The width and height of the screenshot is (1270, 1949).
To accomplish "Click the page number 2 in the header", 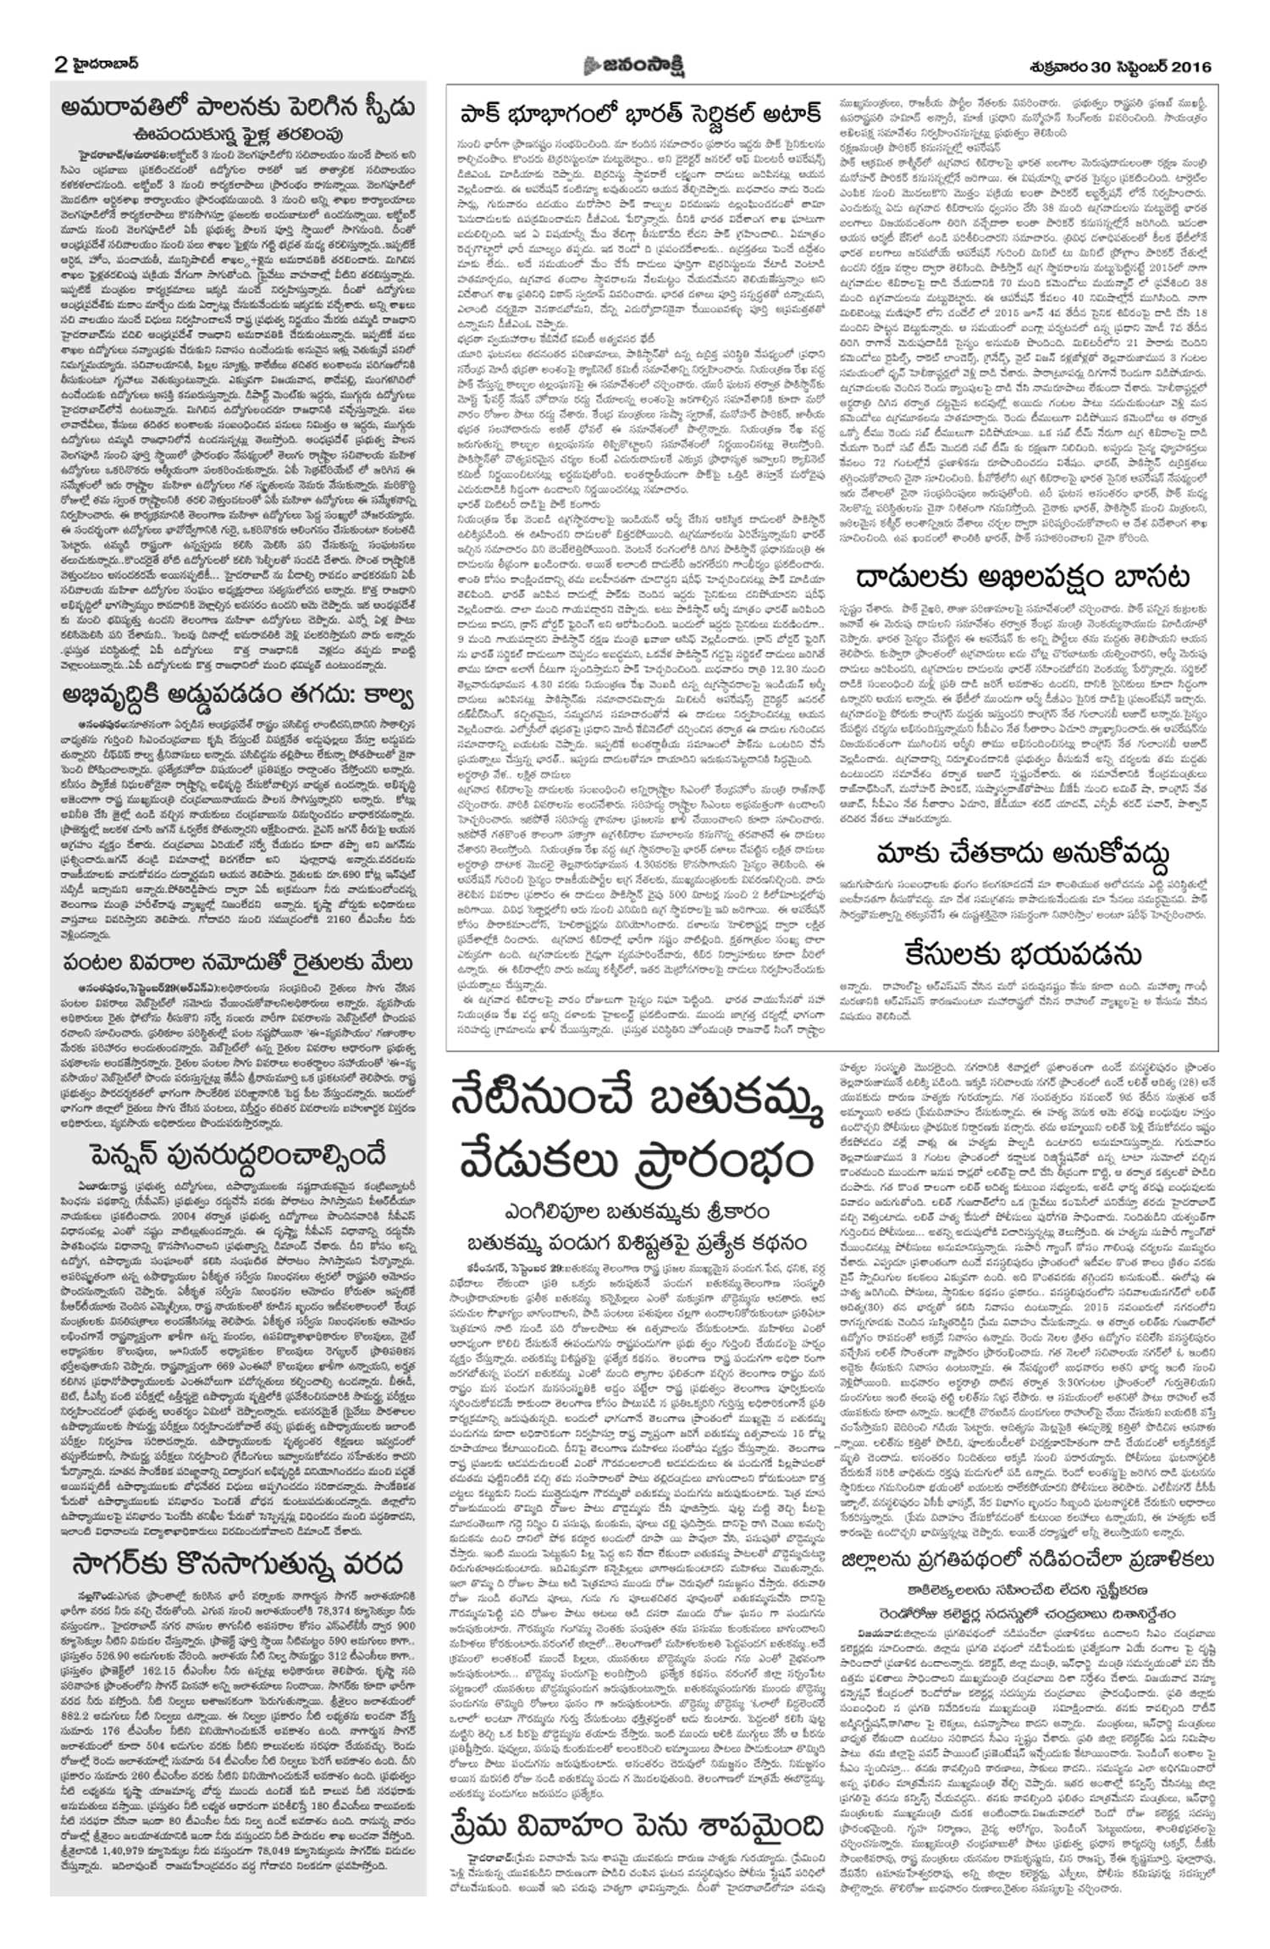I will [59, 64].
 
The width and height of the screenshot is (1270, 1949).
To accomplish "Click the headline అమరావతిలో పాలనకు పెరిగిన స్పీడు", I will [238, 110].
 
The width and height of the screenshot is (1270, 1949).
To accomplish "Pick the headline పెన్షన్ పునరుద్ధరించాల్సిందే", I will [238, 1154].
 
